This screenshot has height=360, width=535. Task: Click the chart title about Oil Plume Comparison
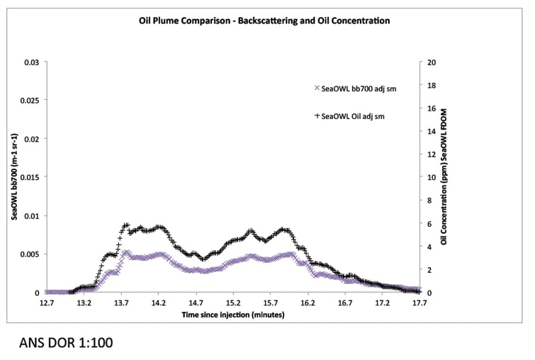click(x=264, y=21)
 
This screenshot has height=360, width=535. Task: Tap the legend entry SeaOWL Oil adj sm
click(x=354, y=116)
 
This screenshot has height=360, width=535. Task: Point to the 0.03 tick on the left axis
click(x=32, y=62)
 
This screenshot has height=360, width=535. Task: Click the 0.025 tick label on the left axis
click(x=29, y=101)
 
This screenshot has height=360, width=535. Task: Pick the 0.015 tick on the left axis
click(x=29, y=177)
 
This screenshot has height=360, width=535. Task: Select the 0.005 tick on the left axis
click(x=29, y=254)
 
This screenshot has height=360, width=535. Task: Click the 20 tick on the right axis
click(x=431, y=62)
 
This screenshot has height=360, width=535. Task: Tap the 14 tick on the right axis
click(x=431, y=131)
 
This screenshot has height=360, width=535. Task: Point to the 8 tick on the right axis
click(x=429, y=201)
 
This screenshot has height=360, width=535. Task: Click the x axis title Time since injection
click(x=232, y=313)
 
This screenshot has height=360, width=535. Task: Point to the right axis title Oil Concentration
click(x=444, y=177)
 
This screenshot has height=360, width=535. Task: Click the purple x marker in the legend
click(x=317, y=89)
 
